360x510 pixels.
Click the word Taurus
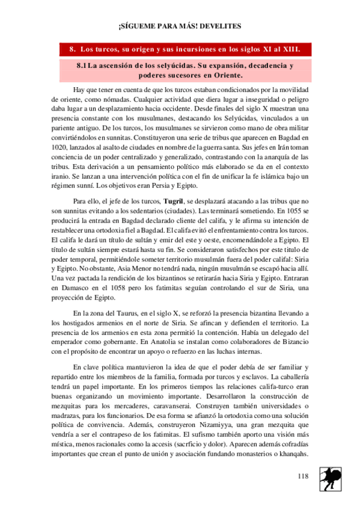point(128,313)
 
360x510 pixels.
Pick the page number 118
point(303,477)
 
